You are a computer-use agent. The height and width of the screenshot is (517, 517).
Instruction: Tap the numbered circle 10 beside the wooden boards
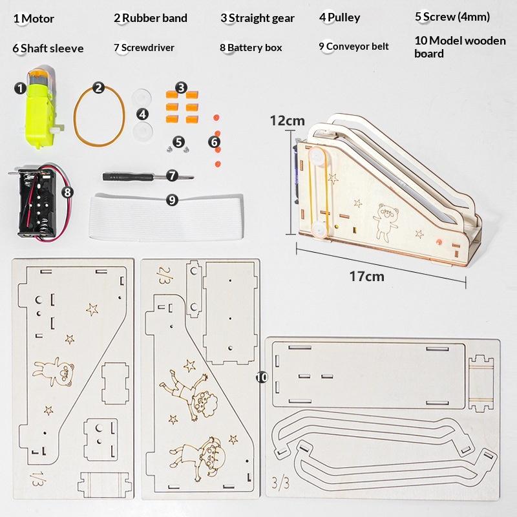pos(262,377)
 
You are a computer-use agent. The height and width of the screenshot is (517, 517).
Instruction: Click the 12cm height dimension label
pos(287,121)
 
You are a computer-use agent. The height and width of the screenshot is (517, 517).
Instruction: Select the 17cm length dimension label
pos(366,277)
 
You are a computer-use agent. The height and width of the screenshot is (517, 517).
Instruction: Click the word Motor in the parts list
pos(38,19)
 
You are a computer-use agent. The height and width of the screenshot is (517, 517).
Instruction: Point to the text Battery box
pos(255,48)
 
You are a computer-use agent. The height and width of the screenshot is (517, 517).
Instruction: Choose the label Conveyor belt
pos(357,47)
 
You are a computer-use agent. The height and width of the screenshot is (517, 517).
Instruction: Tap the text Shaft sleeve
pos(52,48)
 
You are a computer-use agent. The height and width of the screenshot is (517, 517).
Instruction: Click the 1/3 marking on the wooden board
pos(37,478)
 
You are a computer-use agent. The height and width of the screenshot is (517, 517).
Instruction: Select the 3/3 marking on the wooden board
pos(280,483)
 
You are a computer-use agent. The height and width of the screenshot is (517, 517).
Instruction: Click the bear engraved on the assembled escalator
pos(385,222)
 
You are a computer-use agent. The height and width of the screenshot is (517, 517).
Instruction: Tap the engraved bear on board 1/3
pos(54,371)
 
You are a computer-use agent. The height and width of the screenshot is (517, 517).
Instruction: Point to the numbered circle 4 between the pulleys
pos(142,114)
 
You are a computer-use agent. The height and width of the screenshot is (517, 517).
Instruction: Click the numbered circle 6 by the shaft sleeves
pos(215,142)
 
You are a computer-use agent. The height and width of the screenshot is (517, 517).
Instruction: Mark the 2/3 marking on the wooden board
pos(165,276)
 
